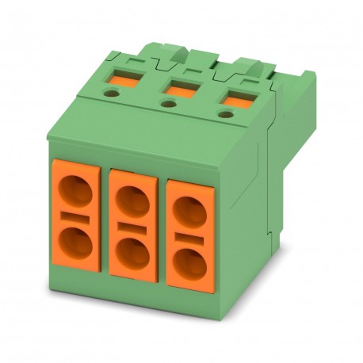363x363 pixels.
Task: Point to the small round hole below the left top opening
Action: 111,93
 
